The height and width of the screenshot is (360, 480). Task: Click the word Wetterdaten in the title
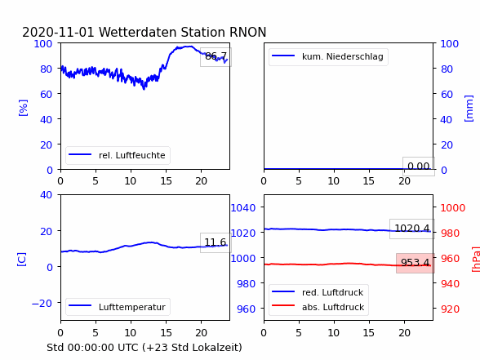pyautogui.click(x=138, y=32)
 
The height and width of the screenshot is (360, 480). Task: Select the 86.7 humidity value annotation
pyautogui.click(x=216, y=56)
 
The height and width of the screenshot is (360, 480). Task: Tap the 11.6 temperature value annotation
pyautogui.click(x=216, y=242)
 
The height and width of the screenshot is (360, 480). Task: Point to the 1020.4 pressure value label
pyautogui.click(x=412, y=229)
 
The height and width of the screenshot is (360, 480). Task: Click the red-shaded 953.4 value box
pyautogui.click(x=416, y=263)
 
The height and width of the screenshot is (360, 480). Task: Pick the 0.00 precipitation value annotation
pyautogui.click(x=419, y=167)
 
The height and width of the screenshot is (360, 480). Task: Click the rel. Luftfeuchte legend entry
pyautogui.click(x=118, y=155)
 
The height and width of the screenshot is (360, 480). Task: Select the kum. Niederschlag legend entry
pyautogui.click(x=328, y=56)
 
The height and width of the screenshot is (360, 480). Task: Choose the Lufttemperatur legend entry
pyautogui.click(x=118, y=307)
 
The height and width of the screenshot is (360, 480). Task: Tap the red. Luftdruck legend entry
pyautogui.click(x=318, y=292)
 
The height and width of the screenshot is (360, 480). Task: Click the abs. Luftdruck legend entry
pyautogui.click(x=318, y=307)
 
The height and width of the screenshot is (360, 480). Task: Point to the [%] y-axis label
pyautogui.click(x=23, y=108)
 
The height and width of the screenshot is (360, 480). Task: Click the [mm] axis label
pyautogui.click(x=469, y=109)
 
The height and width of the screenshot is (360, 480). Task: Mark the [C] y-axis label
pyautogui.click(x=22, y=260)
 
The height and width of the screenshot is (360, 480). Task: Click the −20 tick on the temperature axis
pyautogui.click(x=42, y=304)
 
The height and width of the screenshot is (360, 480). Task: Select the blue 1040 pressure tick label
pyautogui.click(x=243, y=208)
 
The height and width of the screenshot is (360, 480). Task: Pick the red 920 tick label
pyautogui.click(x=450, y=309)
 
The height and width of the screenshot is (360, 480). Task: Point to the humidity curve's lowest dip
pyautogui.click(x=144, y=89)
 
